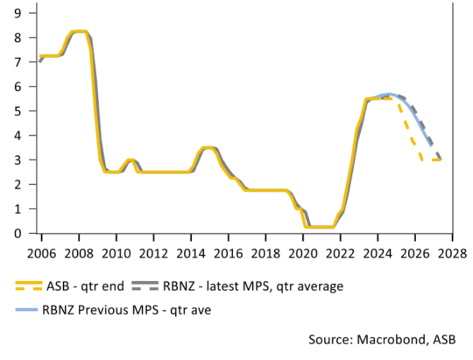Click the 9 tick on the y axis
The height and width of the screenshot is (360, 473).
[18, 13]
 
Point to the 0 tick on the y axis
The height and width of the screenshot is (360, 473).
[18, 234]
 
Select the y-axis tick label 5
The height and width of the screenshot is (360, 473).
[18, 111]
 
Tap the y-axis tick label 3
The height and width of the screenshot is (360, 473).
[18, 160]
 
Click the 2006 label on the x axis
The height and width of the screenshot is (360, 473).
[40, 252]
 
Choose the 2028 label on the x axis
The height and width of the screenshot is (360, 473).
[454, 252]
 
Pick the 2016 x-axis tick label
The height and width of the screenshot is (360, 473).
[228, 252]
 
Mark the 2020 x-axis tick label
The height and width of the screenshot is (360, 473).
[303, 252]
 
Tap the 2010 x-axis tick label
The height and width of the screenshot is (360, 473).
[116, 252]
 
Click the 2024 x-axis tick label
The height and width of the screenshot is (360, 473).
[378, 252]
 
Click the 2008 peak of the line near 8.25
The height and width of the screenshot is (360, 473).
[79, 32]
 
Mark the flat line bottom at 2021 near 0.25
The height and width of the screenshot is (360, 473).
[321, 228]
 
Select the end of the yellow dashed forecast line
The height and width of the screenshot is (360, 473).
[440, 160]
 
